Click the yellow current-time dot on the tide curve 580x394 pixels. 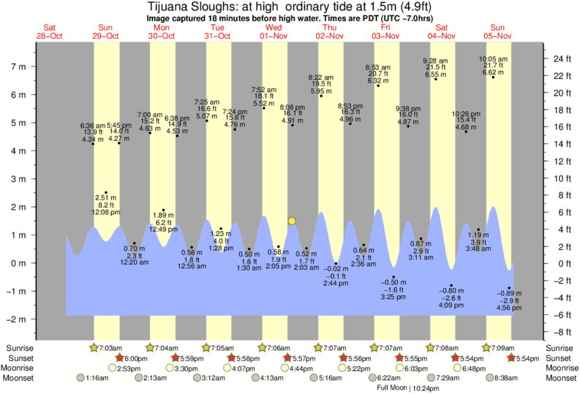292,221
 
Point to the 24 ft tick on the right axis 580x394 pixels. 560,58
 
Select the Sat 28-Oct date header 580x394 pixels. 49,32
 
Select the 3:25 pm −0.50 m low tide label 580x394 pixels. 395,289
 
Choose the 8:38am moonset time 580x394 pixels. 504,378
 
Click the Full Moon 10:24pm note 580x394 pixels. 404,387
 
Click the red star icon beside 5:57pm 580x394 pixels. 287,358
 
